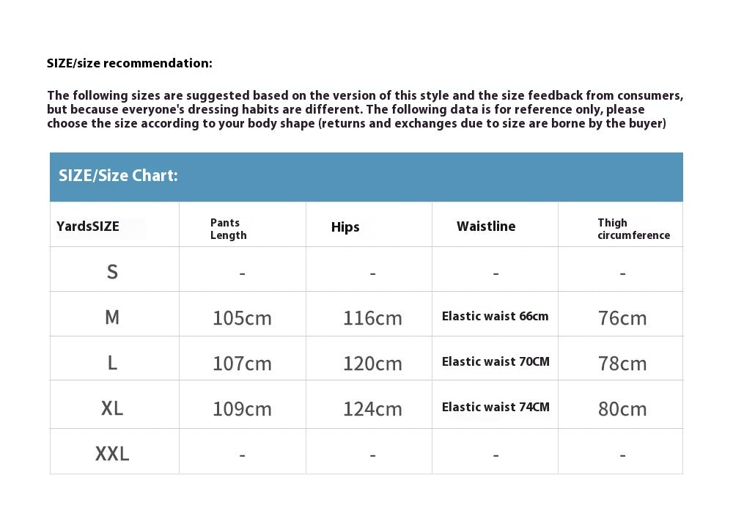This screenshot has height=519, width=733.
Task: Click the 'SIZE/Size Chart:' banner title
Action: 118,176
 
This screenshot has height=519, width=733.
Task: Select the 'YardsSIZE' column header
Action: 88,227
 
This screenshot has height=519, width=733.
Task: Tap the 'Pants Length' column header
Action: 229,229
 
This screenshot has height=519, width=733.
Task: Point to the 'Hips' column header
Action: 345,227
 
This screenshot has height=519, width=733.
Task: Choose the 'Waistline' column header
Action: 486,227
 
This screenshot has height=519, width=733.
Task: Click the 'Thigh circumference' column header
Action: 633,229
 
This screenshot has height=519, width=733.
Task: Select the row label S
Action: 112,272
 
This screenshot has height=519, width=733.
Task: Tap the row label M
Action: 112,317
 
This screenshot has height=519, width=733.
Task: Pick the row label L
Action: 112,363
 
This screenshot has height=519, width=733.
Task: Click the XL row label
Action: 112,408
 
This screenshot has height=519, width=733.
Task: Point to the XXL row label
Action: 112,454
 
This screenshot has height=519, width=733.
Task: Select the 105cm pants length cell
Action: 242,318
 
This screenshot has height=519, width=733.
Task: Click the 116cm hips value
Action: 372,318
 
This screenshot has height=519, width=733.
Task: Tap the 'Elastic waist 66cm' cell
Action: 495,317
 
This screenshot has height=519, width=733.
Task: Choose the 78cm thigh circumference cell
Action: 622,364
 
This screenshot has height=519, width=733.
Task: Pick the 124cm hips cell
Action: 372,409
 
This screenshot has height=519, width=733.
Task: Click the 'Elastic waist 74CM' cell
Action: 496,408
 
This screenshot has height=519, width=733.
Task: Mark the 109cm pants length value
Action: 242,409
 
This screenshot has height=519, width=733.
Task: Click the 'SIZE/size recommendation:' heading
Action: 130,63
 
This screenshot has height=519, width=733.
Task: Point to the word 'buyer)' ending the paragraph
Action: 647,123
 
